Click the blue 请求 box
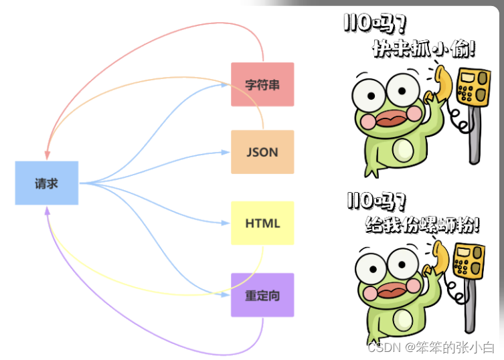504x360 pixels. pyautogui.click(x=47, y=183)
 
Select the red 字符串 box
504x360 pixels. pyautogui.click(x=262, y=84)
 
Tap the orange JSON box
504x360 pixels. pyautogui.click(x=262, y=152)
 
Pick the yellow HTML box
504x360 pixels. pyautogui.click(x=262, y=223)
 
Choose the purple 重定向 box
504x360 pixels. pyautogui.click(x=262, y=294)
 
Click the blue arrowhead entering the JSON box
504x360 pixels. pyautogui.click(x=226, y=152)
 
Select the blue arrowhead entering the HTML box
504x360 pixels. pyautogui.click(x=226, y=223)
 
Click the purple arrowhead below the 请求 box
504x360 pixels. pyautogui.click(x=48, y=210)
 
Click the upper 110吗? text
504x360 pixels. pyautogui.click(x=374, y=23)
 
